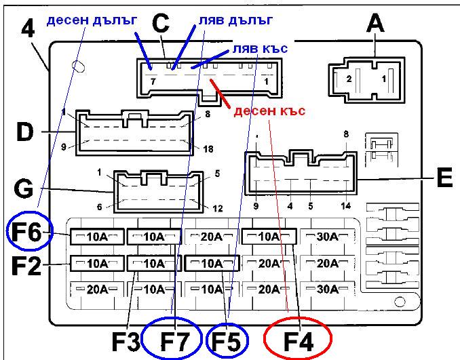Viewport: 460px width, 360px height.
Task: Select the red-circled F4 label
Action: [297, 338]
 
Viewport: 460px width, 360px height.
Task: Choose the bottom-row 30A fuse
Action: [327, 289]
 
